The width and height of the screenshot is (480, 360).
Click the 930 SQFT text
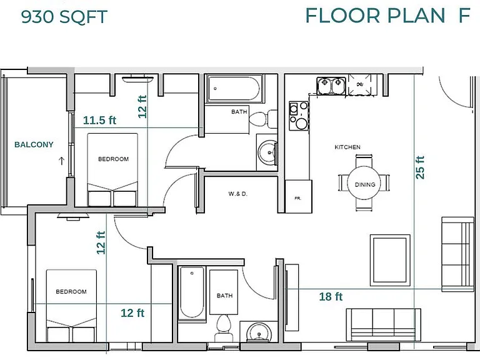64,17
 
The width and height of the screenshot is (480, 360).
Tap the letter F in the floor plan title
464,15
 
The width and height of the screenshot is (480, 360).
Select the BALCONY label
34,144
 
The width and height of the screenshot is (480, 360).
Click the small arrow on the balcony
61,161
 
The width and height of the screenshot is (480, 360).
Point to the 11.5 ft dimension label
99,120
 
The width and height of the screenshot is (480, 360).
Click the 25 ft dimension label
420,167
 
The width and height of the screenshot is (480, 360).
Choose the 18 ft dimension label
331,296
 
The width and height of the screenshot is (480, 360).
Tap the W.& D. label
238,194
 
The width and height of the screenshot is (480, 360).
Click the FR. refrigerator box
299,196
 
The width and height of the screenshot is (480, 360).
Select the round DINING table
364,183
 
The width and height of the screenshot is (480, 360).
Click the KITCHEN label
347,147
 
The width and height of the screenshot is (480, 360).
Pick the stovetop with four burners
299,116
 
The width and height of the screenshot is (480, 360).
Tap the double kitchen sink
331,86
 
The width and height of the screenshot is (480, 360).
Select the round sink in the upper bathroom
268,152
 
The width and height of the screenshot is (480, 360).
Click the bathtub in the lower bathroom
192,293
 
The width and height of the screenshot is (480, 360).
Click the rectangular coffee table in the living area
390,260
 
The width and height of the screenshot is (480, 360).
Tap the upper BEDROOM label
113,159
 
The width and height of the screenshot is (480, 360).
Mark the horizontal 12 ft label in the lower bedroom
132,313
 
